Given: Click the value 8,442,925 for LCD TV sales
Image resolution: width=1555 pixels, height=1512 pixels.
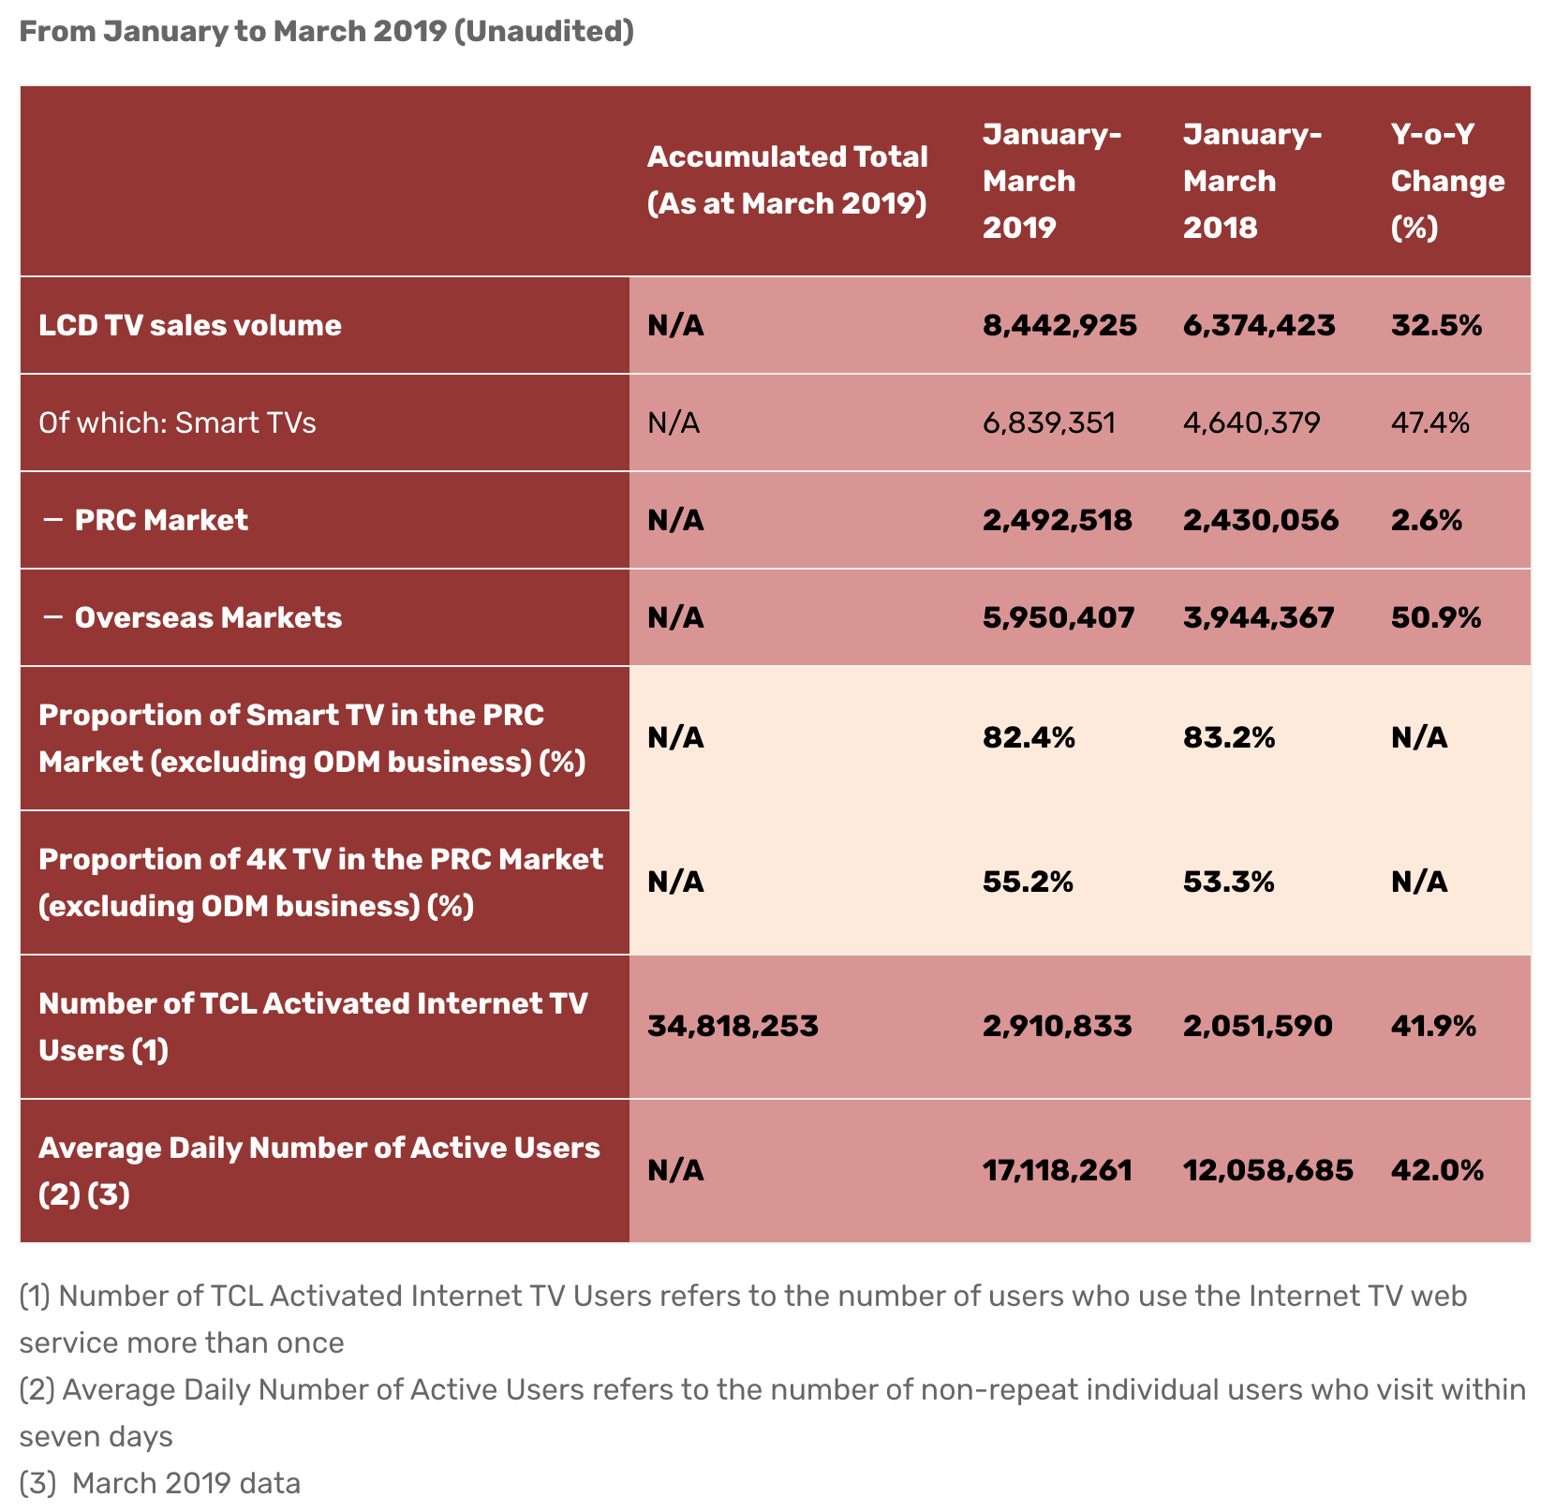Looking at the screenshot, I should (x=1059, y=325).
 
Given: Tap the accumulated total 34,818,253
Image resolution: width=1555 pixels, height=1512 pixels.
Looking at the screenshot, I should (x=733, y=1026).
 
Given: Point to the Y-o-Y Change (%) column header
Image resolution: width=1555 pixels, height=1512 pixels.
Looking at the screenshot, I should (x=1447, y=181).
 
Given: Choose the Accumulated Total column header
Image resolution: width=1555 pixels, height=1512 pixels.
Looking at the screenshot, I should (x=787, y=180).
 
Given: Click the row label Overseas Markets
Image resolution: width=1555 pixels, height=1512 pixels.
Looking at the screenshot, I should (x=208, y=617).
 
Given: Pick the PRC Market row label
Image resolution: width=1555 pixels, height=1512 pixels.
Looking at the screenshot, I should (x=161, y=520).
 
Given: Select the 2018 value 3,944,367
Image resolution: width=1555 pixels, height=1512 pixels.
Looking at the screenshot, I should (x=1258, y=617).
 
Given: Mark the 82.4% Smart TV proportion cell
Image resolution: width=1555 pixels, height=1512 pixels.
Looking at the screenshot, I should (x=1029, y=738).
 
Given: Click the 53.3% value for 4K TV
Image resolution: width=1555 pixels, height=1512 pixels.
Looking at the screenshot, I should (x=1228, y=882).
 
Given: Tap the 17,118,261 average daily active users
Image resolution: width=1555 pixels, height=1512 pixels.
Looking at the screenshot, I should (x=1058, y=1170).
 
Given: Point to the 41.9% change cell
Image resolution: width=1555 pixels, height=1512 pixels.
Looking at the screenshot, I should (x=1433, y=1026).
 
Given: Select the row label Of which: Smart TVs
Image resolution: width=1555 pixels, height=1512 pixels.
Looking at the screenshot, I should (x=177, y=422).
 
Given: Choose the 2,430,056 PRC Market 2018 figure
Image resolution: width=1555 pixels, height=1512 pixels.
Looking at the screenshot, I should (x=1260, y=520).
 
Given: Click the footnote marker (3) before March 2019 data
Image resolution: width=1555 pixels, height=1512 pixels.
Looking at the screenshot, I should (x=37, y=1483).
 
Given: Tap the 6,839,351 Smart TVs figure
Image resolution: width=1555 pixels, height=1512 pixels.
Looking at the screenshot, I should (x=1048, y=422).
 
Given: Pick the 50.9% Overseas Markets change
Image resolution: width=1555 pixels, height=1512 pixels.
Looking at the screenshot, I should (x=1436, y=617).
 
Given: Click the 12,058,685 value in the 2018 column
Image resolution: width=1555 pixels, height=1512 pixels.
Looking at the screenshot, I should (x=1267, y=1170).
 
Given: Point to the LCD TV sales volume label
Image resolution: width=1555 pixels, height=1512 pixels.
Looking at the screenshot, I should (x=190, y=325).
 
